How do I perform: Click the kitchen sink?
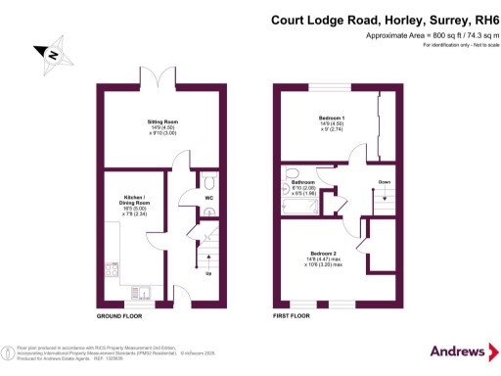[143, 290]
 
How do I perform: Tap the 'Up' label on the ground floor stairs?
[205, 272]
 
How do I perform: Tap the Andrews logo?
[458, 351]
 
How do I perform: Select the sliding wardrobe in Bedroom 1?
[380, 122]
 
